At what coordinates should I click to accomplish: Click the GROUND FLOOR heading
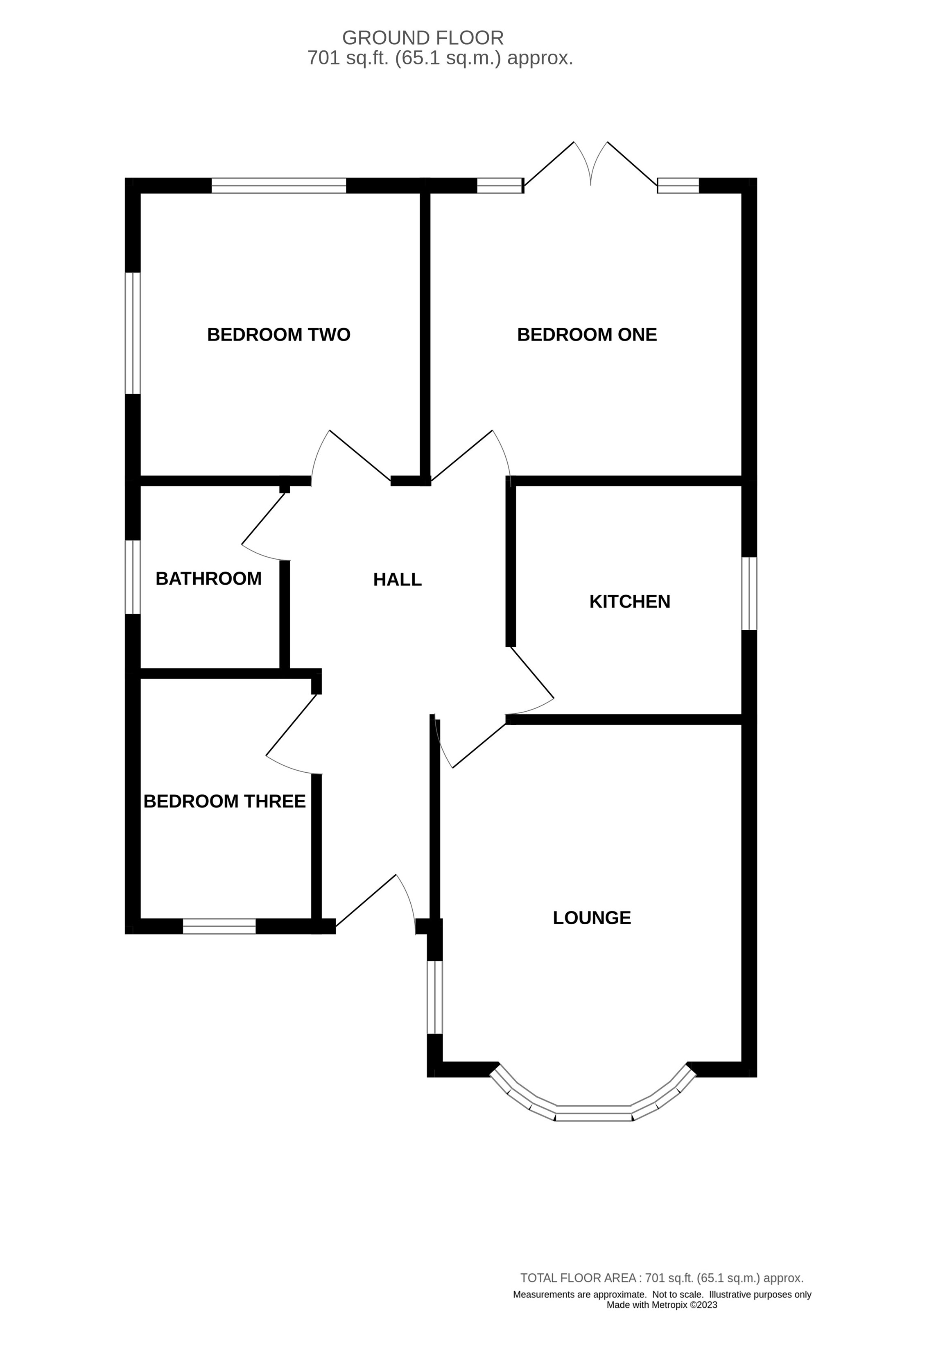pyautogui.click(x=423, y=38)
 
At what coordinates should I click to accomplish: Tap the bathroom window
pyautogui.click(x=133, y=577)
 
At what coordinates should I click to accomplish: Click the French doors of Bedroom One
pyautogui.click(x=591, y=166)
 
